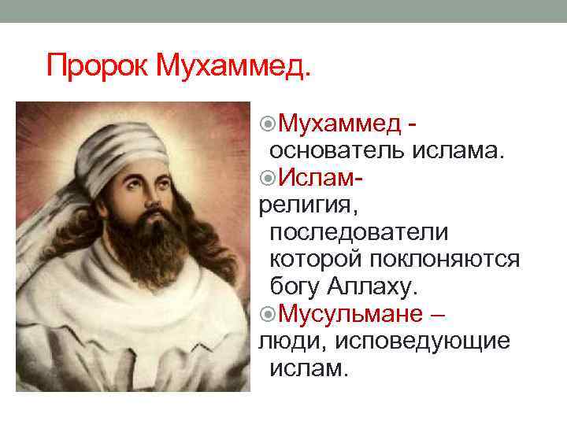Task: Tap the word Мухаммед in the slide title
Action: (234, 66)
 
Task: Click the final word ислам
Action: (308, 368)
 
